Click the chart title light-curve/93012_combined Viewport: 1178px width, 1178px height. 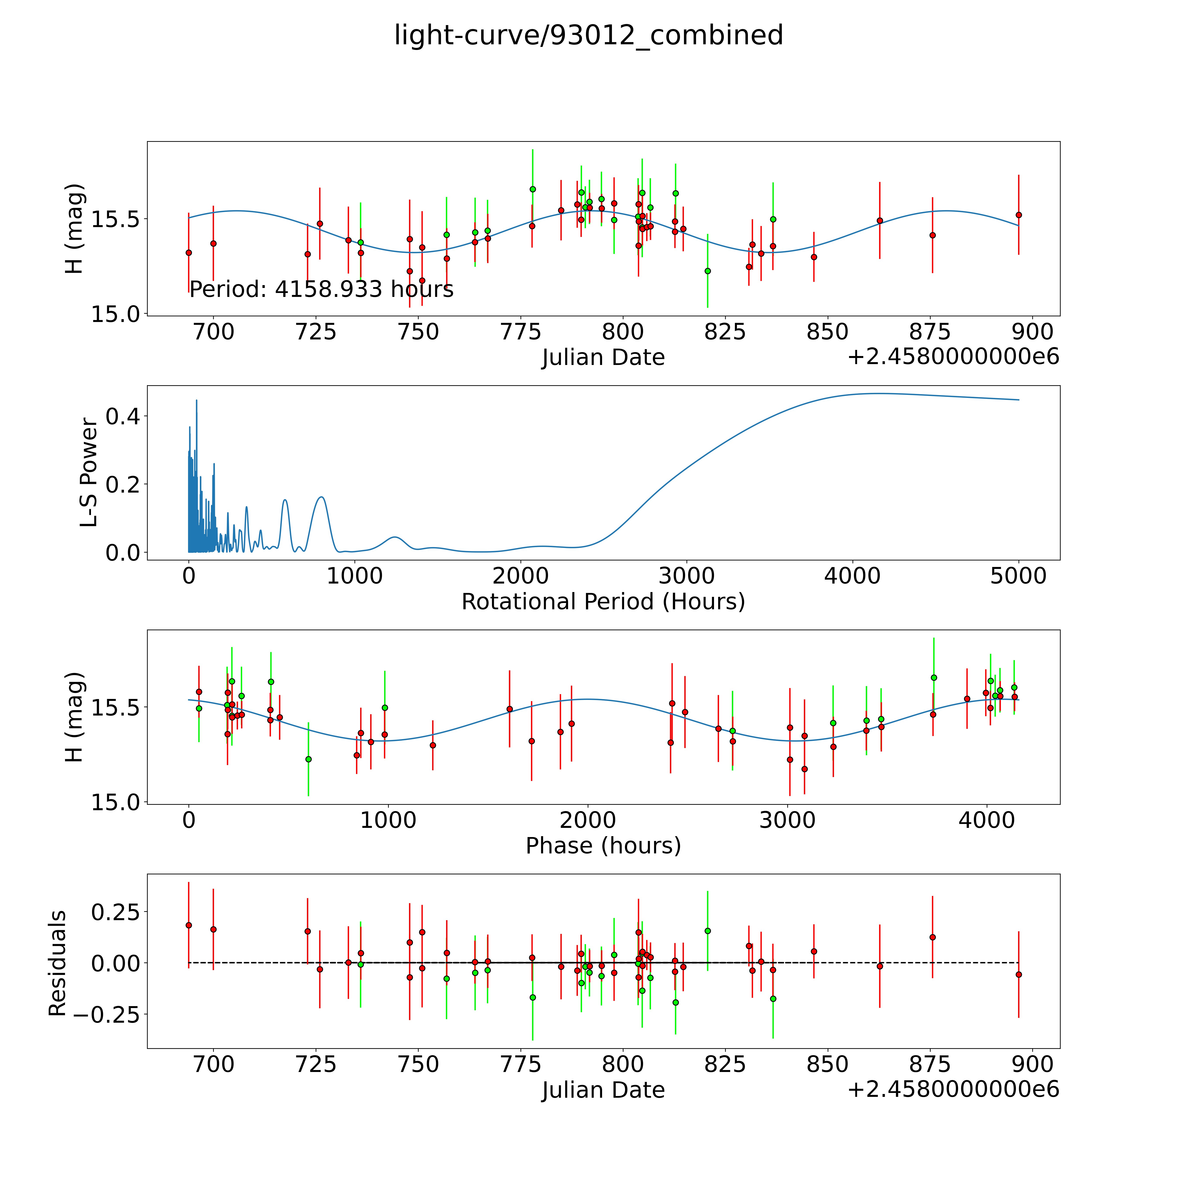point(588,35)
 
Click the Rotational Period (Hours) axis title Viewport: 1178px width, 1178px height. point(603,602)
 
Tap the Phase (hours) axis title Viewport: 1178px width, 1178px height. point(603,846)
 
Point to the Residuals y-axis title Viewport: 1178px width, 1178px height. point(57,963)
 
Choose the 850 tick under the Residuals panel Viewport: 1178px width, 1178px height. point(827,1064)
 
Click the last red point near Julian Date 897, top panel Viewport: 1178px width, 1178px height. point(1018,215)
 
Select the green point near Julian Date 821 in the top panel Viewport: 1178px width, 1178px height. point(707,271)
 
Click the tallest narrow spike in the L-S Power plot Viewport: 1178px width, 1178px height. point(196,401)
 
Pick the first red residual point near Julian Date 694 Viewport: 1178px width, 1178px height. point(188,925)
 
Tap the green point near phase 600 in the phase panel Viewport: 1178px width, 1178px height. point(308,759)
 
